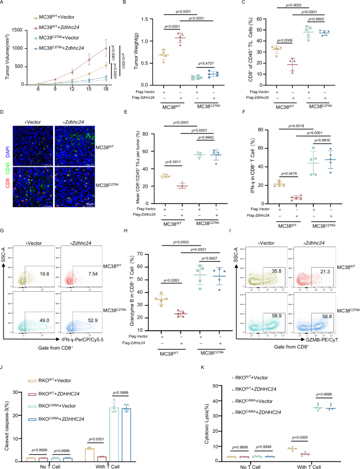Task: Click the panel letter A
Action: click(x=3, y=4)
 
